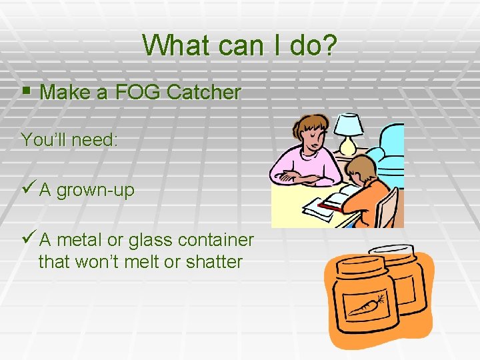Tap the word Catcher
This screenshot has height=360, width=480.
pyautogui.click(x=203, y=93)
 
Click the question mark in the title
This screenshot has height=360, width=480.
pyautogui.click(x=330, y=45)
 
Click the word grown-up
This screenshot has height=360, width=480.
pyautogui.click(x=95, y=191)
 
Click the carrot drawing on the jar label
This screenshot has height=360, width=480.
pyautogui.click(x=367, y=305)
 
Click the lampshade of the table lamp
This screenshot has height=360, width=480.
pyautogui.click(x=347, y=125)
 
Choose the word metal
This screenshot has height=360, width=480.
pyautogui.click(x=82, y=239)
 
